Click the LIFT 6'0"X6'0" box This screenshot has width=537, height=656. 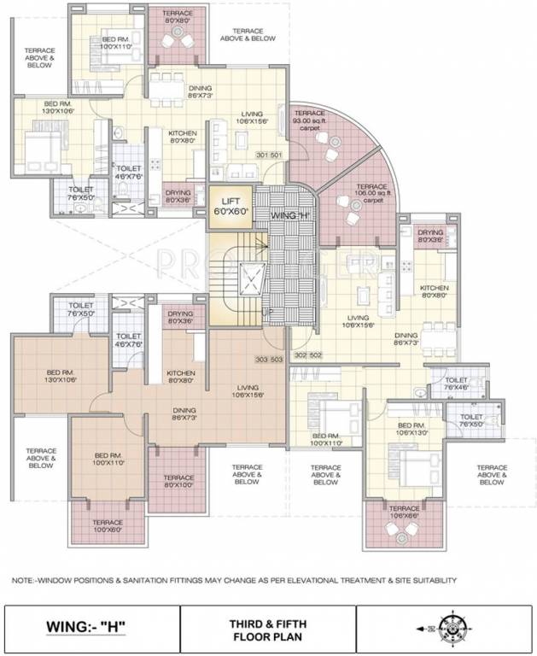(230, 206)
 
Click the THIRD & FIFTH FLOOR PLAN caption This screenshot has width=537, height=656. (267, 628)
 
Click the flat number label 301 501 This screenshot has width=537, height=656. (269, 155)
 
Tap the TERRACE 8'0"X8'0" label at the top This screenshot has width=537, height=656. (178, 15)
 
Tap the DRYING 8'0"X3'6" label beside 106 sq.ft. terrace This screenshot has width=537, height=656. (430, 236)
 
